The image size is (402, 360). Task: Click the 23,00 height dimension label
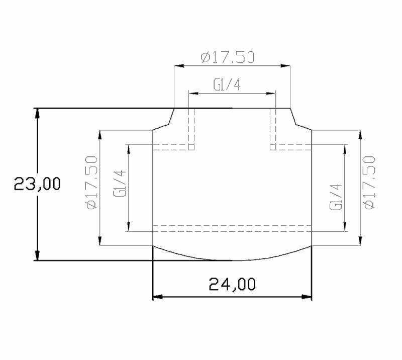37,184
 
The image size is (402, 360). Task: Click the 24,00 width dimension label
232,284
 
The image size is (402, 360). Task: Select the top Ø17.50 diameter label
228,57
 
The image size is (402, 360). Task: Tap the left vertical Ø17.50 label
92,183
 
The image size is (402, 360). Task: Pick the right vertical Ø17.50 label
369,183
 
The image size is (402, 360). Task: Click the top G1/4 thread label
227,84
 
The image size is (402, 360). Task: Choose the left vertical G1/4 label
120,184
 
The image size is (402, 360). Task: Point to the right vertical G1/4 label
336,197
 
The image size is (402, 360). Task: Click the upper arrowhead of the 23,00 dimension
37,113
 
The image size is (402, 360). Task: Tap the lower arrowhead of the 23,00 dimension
37,255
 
